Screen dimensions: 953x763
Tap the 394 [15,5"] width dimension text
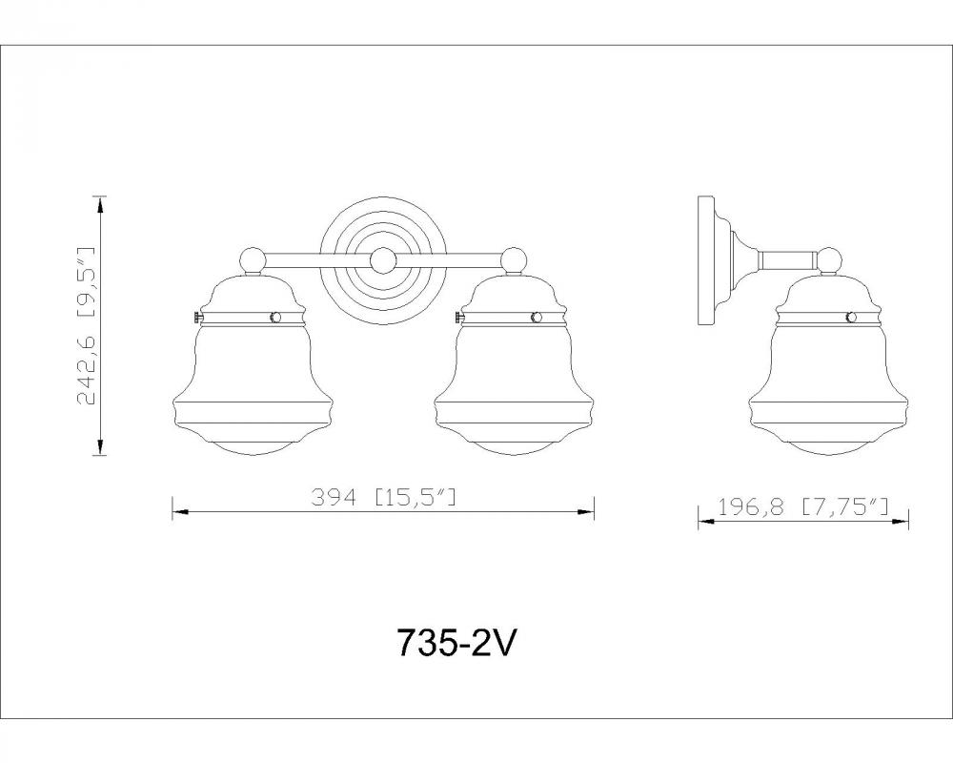(x=383, y=498)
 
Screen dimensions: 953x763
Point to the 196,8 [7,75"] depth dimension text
(x=803, y=506)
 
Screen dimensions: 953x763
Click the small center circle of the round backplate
(x=383, y=261)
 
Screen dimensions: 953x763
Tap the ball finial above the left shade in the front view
(x=253, y=260)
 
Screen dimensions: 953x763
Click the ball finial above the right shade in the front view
(x=515, y=260)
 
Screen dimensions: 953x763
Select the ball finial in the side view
(x=828, y=260)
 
